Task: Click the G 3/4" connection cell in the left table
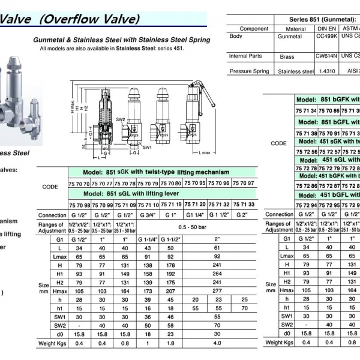click(146, 215)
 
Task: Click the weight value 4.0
click(217, 343)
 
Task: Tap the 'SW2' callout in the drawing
click(121, 119)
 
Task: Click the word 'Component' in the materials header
click(254, 29)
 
